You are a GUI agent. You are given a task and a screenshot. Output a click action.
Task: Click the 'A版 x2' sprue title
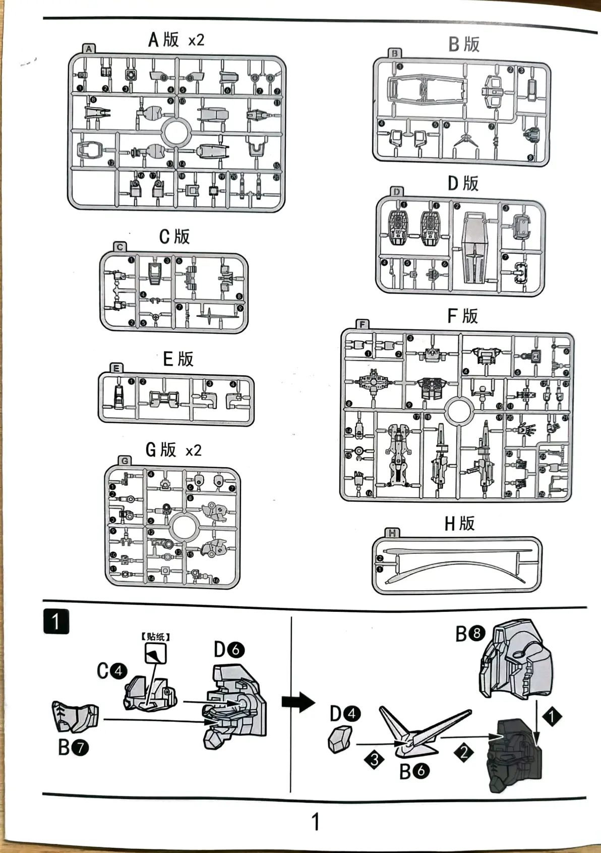pyautogui.click(x=176, y=39)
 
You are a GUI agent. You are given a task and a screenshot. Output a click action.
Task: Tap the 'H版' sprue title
pyautogui.click(x=459, y=523)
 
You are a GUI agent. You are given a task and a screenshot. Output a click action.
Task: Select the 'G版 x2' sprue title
pyautogui.click(x=173, y=449)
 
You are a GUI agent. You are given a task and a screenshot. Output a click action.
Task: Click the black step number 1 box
pyautogui.click(x=56, y=622)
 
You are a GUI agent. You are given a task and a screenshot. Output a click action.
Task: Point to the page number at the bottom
pyautogui.click(x=316, y=822)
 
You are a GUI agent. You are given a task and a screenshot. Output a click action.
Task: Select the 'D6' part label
pyautogui.click(x=229, y=650)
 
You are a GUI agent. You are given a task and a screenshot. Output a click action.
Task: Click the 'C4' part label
pyautogui.click(x=112, y=671)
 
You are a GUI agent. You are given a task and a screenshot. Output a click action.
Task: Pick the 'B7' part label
pyautogui.click(x=73, y=747)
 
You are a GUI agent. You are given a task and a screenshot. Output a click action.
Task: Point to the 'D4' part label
pyautogui.click(x=345, y=714)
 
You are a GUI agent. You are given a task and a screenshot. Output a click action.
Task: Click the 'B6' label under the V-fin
pyautogui.click(x=414, y=771)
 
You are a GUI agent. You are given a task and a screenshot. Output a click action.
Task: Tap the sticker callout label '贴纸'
pyautogui.click(x=155, y=637)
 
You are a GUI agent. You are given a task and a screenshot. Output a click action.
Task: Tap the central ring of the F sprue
pyautogui.click(x=458, y=410)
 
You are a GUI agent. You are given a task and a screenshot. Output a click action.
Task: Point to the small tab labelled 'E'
pyautogui.click(x=116, y=368)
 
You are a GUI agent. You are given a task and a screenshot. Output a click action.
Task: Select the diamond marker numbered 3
pyautogui.click(x=374, y=760)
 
